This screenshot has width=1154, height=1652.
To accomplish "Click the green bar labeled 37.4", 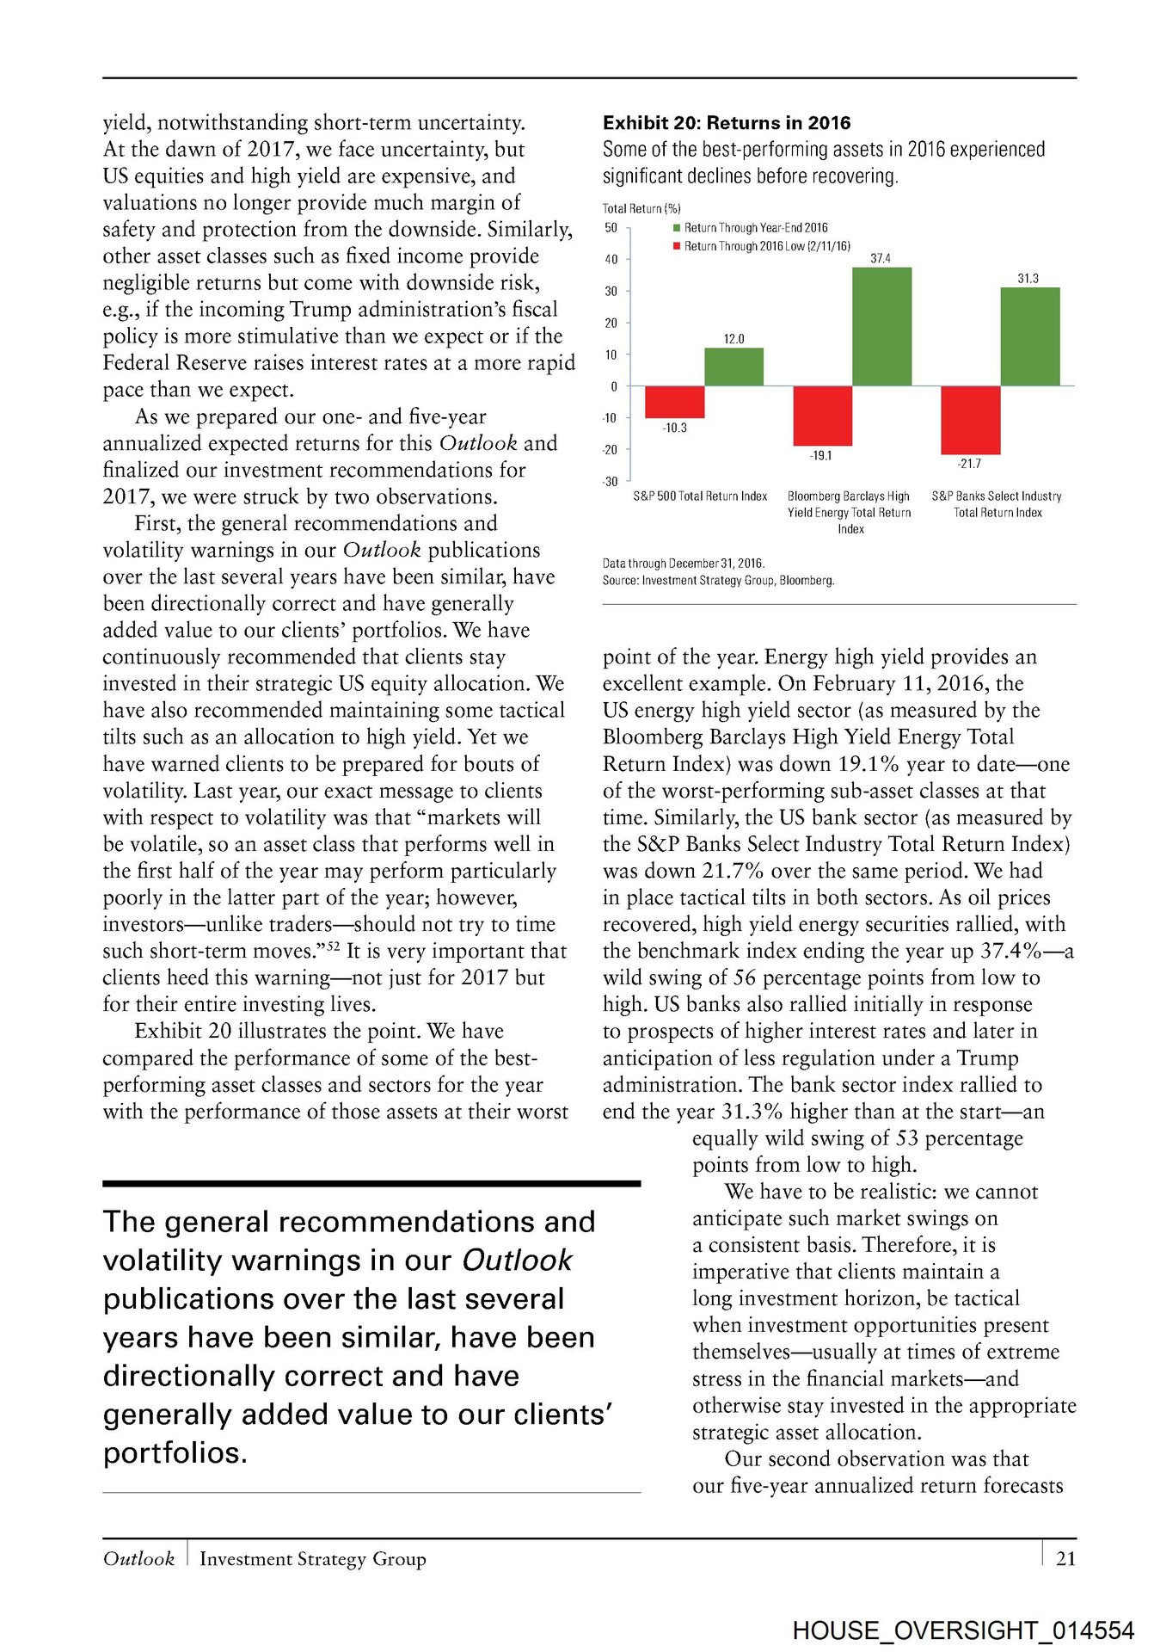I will (881, 326).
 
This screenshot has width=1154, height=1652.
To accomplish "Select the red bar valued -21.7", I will (970, 420).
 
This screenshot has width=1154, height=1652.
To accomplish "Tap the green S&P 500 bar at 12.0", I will (734, 367).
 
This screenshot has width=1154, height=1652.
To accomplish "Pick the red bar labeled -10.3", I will (674, 402).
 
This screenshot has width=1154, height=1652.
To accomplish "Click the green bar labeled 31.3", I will (1029, 336).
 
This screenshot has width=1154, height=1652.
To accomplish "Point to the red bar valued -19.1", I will (822, 416).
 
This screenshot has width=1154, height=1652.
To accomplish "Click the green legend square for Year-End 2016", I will (677, 228).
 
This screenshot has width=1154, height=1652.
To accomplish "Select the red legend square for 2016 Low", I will (677, 246).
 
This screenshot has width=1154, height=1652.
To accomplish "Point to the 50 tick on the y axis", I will (611, 228).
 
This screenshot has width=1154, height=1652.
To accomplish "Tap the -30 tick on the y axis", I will (611, 482).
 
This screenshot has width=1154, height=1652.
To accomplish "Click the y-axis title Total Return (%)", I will (641, 208).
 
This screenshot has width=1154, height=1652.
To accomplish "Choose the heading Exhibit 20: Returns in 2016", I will (727, 123).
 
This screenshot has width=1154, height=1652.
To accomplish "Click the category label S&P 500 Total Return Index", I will (700, 496).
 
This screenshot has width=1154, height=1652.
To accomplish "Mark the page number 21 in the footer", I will (1065, 1558).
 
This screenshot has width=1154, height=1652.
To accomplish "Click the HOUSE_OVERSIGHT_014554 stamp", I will (963, 1630).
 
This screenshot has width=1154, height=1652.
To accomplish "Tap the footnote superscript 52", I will (332, 946).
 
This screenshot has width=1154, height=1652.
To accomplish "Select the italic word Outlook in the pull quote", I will (517, 1261).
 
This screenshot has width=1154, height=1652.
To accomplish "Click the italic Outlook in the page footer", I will (138, 1559).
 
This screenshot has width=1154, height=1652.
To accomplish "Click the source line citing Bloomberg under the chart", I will (718, 581).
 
